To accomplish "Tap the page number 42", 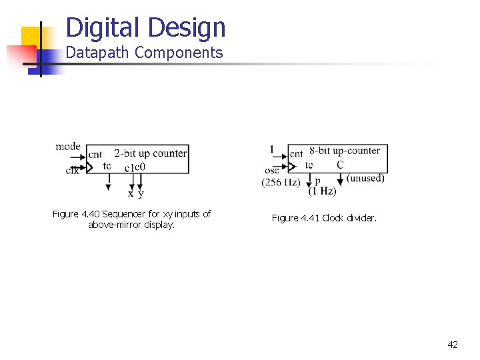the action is point(453,345).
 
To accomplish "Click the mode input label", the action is point(68,147).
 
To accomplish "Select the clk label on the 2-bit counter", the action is point(72,171).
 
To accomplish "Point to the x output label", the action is point(131,194).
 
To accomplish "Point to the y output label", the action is point(141,194).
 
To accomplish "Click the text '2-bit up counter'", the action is point(150,153).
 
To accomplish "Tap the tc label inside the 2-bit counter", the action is point(107,166).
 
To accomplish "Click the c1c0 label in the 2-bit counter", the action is point(135,167).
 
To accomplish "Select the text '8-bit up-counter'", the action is point(345,151).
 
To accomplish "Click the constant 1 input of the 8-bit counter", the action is point(271,149).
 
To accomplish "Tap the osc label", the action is point(271,171).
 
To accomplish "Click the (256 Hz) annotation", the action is point(281,182).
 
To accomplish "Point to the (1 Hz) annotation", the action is point(322,191).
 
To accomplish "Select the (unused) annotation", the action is point(365,178).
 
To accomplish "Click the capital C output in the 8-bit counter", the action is point(340,165).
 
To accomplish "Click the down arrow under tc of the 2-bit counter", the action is point(108,187).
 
